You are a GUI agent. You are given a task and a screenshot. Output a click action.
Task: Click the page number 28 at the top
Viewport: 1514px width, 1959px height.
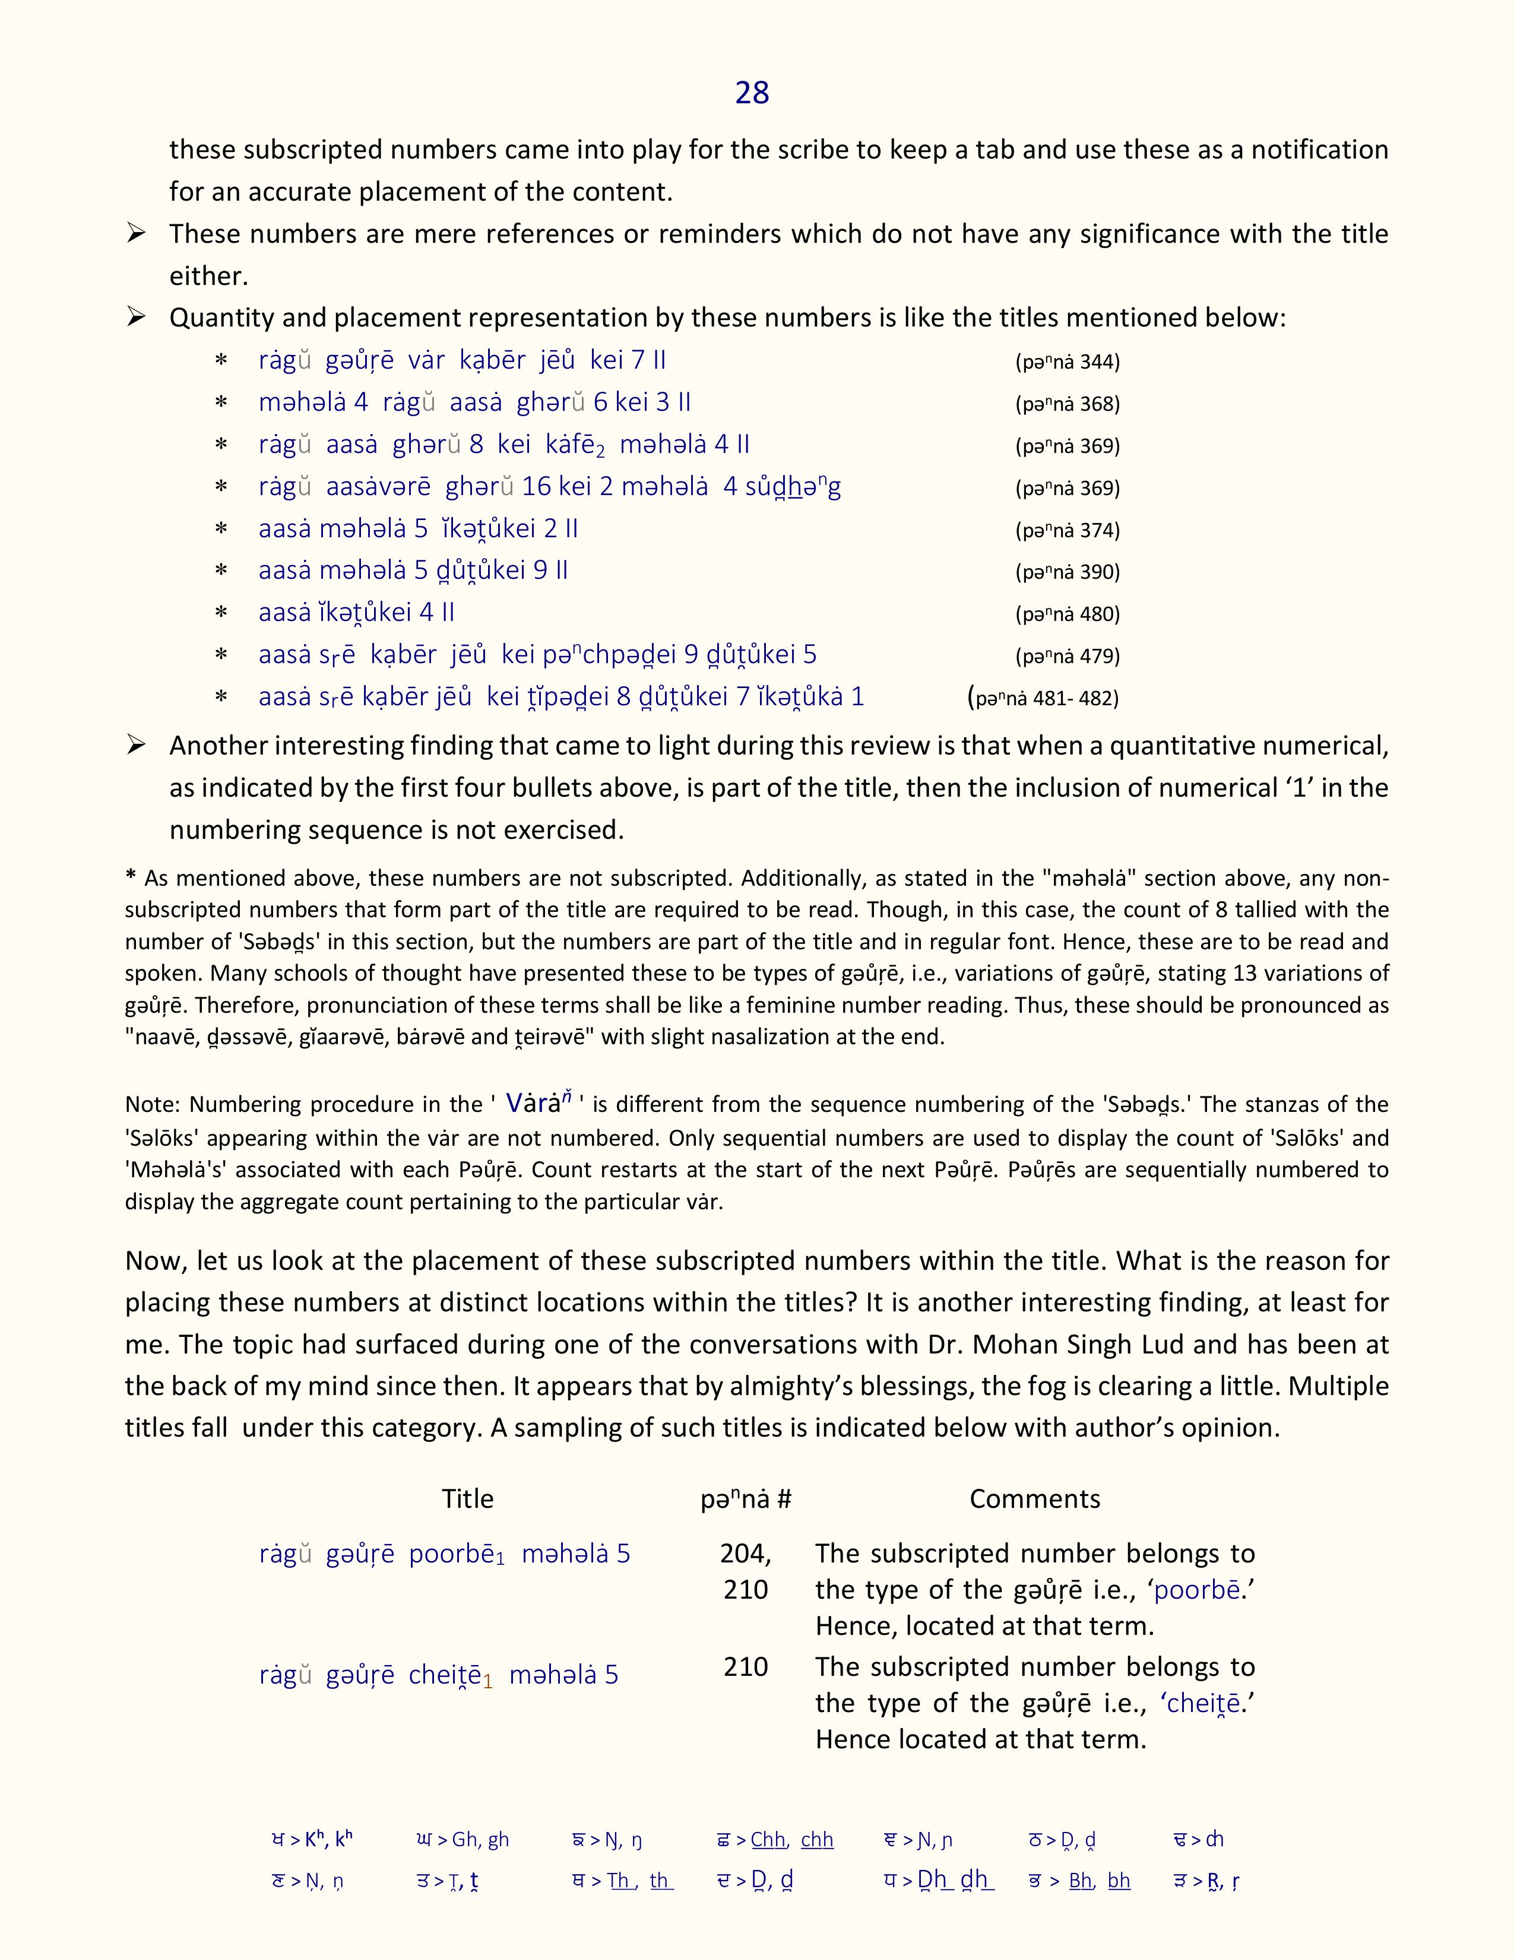pos(752,93)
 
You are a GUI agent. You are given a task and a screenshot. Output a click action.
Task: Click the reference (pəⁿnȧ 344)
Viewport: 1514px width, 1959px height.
pos(1068,362)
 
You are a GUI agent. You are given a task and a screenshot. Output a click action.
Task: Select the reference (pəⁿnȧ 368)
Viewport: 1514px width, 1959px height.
pos(1068,404)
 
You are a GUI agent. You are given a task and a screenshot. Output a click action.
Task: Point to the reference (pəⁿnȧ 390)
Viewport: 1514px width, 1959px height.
pos(1068,572)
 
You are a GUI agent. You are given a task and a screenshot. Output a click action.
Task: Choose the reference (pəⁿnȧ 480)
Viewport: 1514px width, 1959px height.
pos(1068,614)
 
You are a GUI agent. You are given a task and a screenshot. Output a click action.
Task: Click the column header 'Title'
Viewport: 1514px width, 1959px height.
pos(467,1499)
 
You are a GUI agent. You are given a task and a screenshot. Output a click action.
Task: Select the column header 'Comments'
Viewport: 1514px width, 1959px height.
pos(1034,1499)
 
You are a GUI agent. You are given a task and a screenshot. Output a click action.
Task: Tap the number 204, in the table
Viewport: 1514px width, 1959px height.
pos(745,1554)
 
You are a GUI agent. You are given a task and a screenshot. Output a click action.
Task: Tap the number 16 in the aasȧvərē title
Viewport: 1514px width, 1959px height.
pos(536,486)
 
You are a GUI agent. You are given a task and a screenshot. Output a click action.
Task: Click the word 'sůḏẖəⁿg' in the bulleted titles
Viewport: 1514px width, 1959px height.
pos(793,486)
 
